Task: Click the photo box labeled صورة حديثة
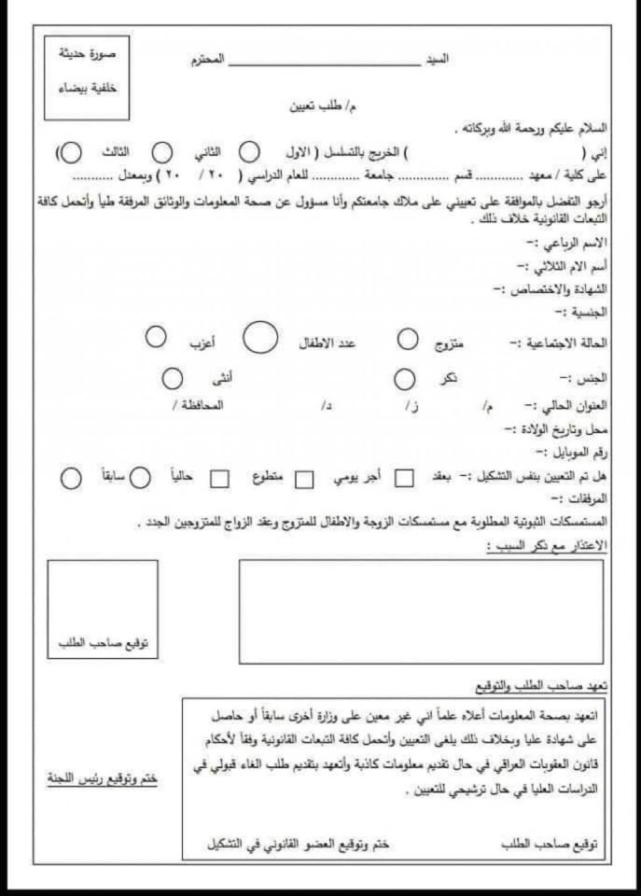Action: coord(86,78)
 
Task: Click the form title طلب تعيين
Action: coord(323,107)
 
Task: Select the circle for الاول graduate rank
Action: coord(250,152)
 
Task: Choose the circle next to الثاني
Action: coord(163,152)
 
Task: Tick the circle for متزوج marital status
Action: coord(408,339)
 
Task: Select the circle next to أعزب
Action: coord(156,336)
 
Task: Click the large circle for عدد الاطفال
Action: coord(260,338)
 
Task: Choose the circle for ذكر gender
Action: coord(404,379)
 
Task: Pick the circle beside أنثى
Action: coord(172,378)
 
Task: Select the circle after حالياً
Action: coord(140,478)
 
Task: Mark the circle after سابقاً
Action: coord(71,479)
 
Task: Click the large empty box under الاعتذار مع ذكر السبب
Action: coord(421,612)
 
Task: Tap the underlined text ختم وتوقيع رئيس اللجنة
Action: coord(102,779)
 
